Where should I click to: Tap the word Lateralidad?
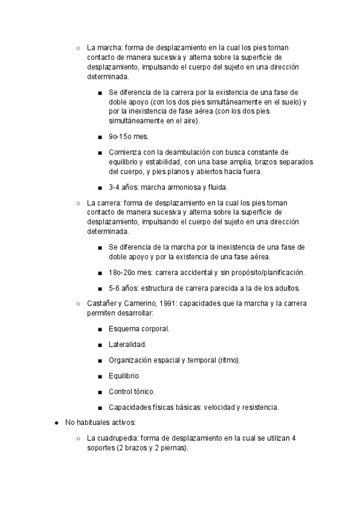point(127,345)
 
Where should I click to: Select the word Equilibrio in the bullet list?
point(124,376)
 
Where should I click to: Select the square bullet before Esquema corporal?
point(99,330)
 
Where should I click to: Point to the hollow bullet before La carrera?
point(78,203)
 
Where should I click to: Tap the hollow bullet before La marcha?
point(78,49)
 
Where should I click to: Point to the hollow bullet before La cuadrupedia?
point(78,439)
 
